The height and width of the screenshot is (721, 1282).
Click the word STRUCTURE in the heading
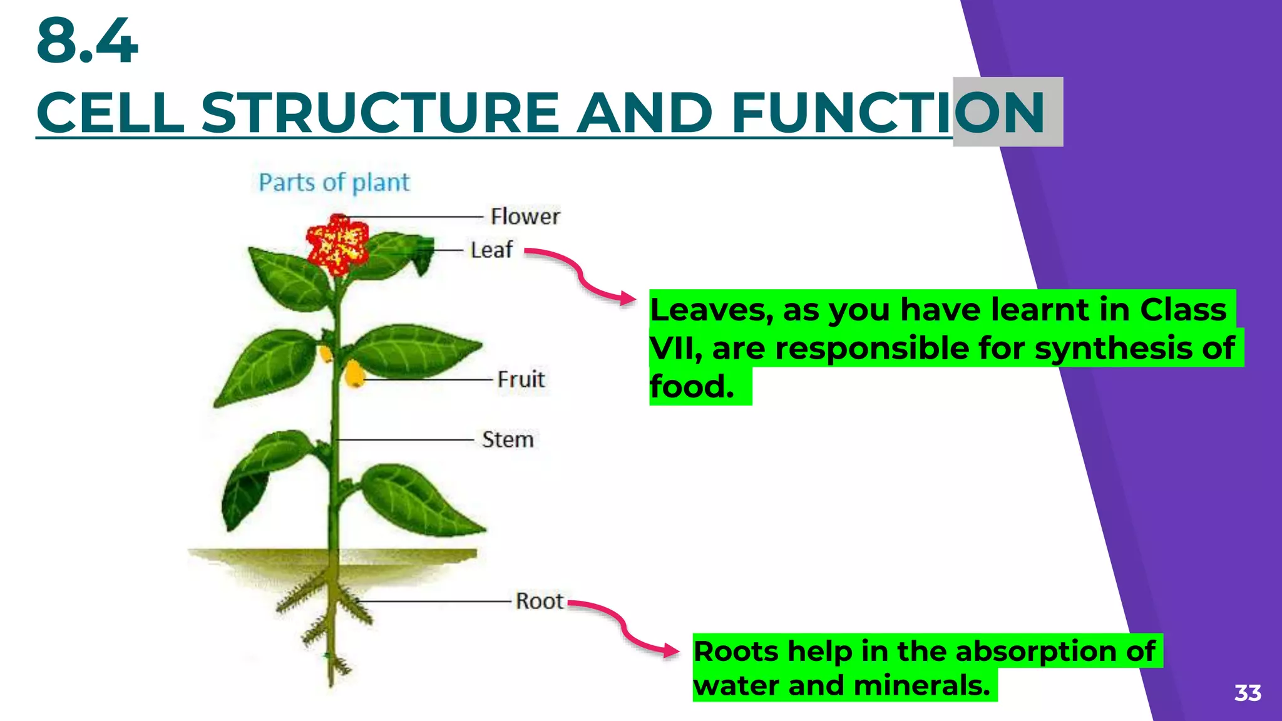[x=379, y=113]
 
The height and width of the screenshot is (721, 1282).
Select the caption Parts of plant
[x=334, y=183]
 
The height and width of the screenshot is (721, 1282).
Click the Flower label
[x=525, y=217]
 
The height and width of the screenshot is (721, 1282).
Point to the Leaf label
[x=491, y=250]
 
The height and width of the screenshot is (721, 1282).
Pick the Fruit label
[x=521, y=379]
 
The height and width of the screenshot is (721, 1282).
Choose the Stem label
[x=508, y=439]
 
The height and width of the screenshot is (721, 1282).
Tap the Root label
[x=539, y=601]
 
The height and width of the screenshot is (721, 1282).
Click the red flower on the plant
[x=337, y=245]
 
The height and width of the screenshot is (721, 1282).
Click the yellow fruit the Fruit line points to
[x=354, y=374]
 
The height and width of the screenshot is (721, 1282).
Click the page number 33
[x=1247, y=693]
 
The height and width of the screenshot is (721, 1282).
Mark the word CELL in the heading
[x=110, y=113]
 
